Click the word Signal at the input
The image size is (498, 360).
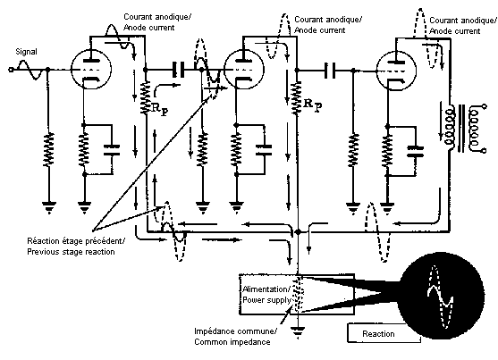point(26,52)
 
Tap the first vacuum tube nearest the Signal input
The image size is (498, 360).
point(91,70)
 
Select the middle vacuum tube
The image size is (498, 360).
point(244,70)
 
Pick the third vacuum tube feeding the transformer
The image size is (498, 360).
point(396,71)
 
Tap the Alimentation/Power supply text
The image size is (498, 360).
point(266,295)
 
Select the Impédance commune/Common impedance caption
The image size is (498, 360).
point(235,337)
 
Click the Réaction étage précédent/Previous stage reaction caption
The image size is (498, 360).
point(76,247)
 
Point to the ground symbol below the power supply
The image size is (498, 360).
point(297,332)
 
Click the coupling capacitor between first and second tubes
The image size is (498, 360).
point(178,70)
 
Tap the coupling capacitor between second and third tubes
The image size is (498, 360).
point(330,71)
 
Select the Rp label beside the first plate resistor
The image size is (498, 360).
point(160,110)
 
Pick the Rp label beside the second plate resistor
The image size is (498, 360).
point(313,105)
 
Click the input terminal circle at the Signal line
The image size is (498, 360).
point(11,70)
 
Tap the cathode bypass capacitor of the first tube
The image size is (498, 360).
point(112,150)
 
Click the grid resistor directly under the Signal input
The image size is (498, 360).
point(48,149)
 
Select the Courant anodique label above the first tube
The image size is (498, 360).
point(157,22)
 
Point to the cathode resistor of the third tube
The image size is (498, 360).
point(387,150)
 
